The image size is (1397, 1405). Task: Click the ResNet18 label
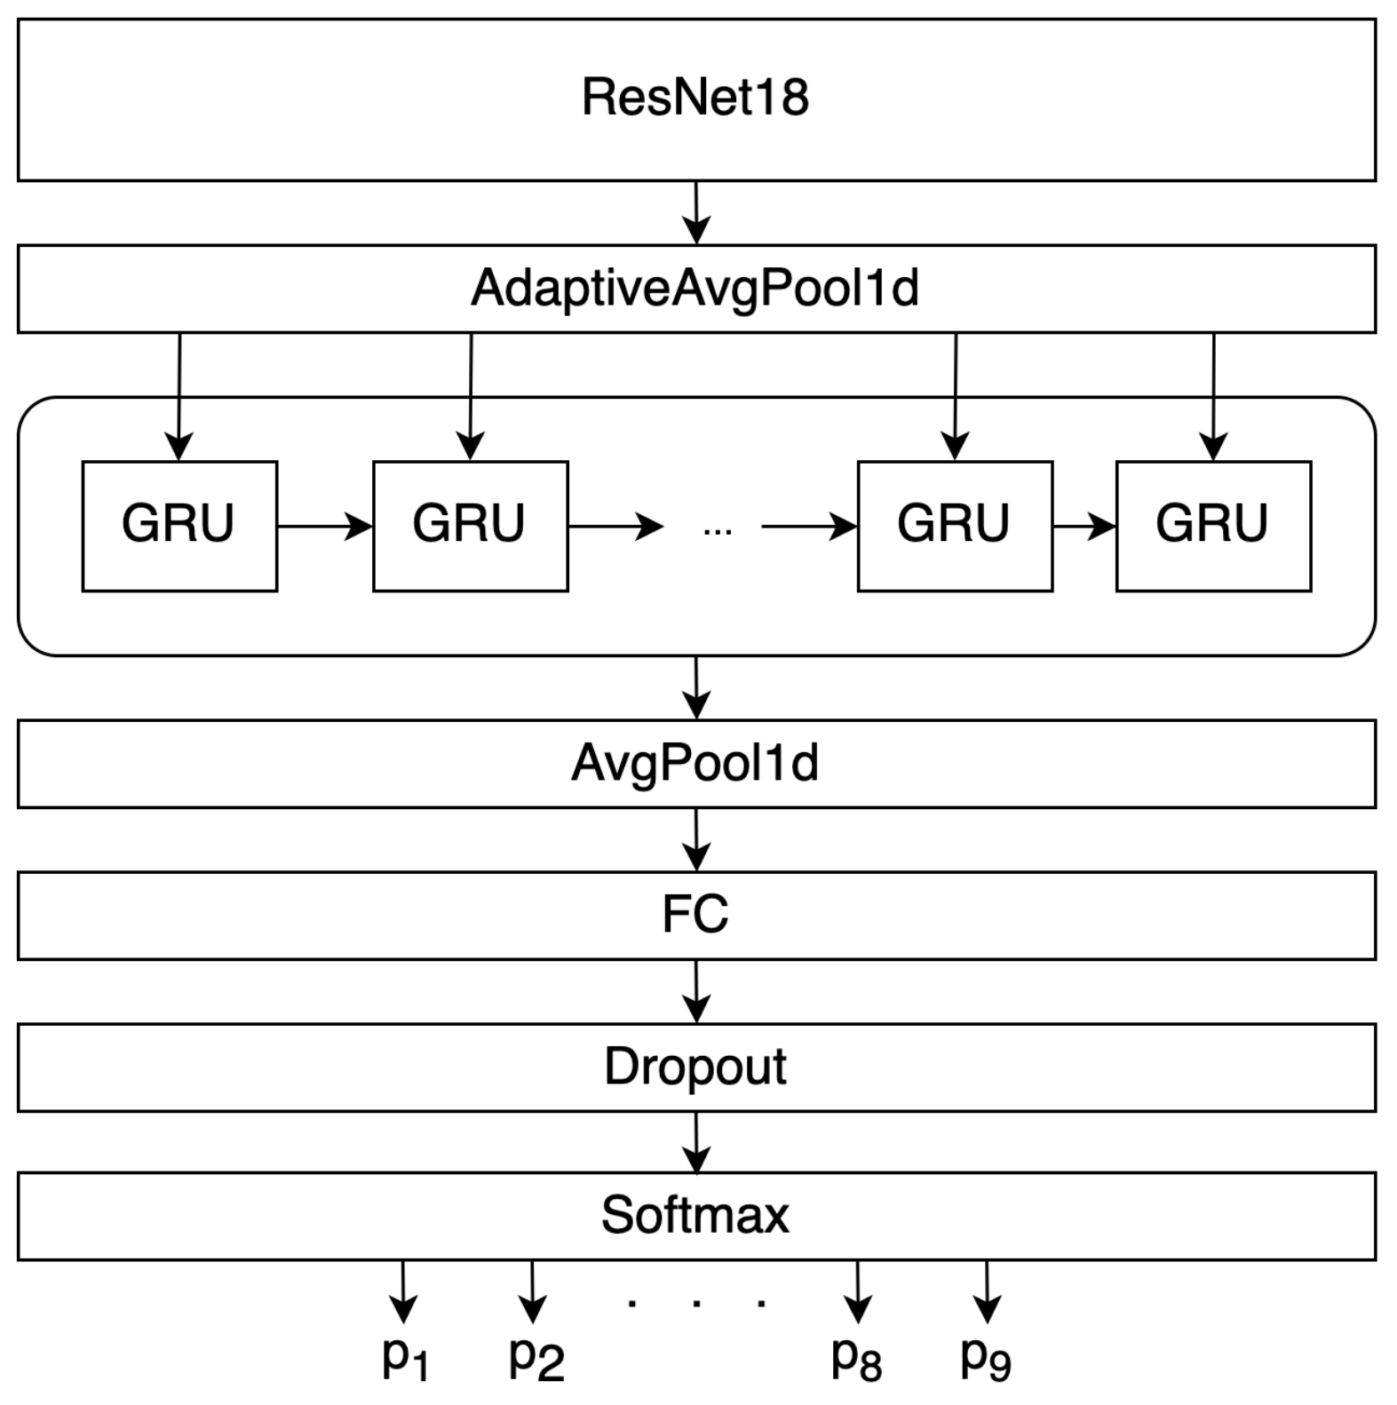click(x=695, y=97)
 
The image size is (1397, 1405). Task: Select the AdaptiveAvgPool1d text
click(x=695, y=289)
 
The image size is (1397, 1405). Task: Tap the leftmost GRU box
click(x=179, y=526)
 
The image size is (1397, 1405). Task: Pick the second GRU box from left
click(x=470, y=526)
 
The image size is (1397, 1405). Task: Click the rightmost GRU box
click(x=1213, y=526)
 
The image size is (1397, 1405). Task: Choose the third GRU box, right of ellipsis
click(x=955, y=526)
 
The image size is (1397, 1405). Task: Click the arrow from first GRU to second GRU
click(x=325, y=527)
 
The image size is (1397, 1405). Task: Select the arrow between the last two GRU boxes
click(x=1084, y=527)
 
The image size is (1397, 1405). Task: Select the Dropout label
click(x=695, y=1067)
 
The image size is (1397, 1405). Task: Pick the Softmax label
click(x=695, y=1215)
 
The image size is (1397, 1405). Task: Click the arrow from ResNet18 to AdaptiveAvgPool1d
click(x=696, y=213)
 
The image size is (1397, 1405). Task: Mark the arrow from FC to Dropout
click(x=696, y=991)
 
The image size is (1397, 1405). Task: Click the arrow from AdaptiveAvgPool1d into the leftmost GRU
click(x=179, y=396)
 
